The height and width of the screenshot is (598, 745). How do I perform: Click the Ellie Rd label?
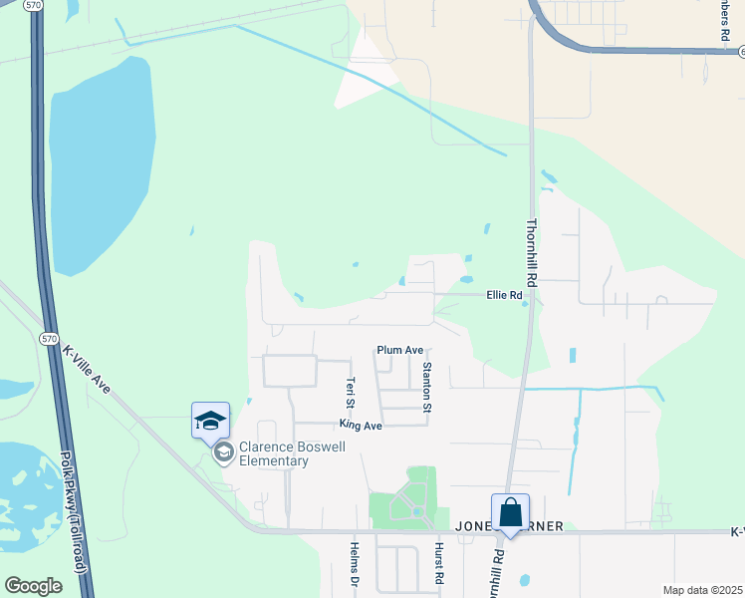[x=504, y=295]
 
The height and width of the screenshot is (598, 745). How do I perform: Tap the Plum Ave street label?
[x=400, y=350]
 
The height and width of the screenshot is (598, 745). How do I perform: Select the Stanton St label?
[x=426, y=388]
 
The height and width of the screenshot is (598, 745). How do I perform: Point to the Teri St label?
[x=350, y=391]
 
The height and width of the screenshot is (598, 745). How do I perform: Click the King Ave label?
[x=361, y=426]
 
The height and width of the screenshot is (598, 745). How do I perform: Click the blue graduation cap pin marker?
[x=210, y=421]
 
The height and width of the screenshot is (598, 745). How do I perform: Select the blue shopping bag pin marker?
[x=510, y=513]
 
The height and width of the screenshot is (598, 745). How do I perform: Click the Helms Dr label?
[x=354, y=564]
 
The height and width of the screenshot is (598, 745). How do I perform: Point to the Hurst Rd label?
[x=437, y=564]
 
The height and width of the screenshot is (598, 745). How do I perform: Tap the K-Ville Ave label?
[x=86, y=368]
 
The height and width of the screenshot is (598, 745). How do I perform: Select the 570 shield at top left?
[x=35, y=5]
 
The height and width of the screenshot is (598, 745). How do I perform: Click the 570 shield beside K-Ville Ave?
[x=48, y=339]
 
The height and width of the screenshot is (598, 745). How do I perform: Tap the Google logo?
[x=33, y=585]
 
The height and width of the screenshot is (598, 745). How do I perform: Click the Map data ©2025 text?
[x=701, y=590]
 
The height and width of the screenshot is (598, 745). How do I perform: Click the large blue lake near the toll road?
[x=101, y=159]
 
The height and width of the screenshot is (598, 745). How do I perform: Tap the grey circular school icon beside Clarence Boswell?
[x=223, y=454]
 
